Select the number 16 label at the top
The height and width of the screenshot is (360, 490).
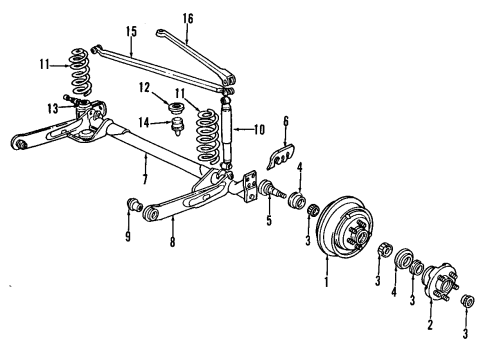(x=188, y=18)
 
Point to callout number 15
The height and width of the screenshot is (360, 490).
(x=131, y=31)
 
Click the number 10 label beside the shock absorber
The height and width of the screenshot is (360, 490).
(x=259, y=129)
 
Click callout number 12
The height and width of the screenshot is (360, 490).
(x=145, y=87)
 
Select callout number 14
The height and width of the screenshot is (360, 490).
(x=143, y=123)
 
